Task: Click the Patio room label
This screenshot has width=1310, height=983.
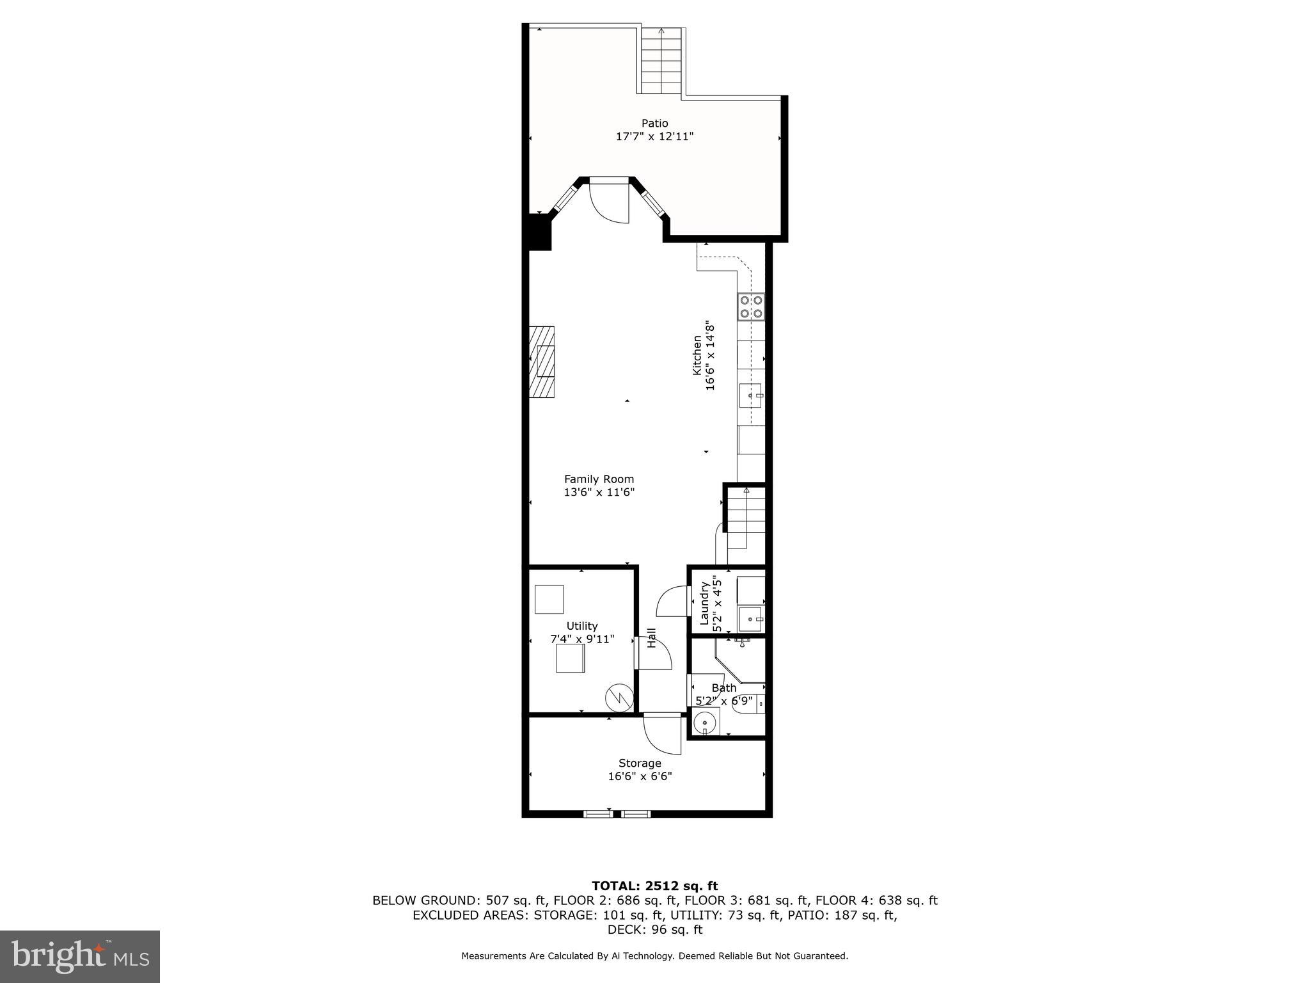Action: [654, 123]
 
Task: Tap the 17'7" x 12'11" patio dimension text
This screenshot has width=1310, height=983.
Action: [654, 136]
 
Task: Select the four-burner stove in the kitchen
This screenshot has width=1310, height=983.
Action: [751, 307]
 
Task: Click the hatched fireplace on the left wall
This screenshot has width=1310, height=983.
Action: [541, 362]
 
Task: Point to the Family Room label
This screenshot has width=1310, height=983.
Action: [599, 479]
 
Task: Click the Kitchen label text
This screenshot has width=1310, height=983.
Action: [697, 356]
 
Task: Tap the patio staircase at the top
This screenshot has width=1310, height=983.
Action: [661, 62]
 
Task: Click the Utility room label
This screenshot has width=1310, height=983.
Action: [581, 625]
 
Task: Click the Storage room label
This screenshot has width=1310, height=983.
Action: [640, 763]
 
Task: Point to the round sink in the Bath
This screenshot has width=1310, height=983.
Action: [704, 722]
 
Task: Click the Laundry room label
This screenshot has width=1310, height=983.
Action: [704, 602]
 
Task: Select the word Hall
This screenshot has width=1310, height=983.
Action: [651, 637]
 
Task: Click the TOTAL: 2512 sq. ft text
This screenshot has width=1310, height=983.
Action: [654, 886]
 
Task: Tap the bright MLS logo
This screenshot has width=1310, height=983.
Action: [80, 956]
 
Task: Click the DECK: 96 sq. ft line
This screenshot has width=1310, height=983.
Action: [654, 929]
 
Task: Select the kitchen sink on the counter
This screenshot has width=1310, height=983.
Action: [751, 396]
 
